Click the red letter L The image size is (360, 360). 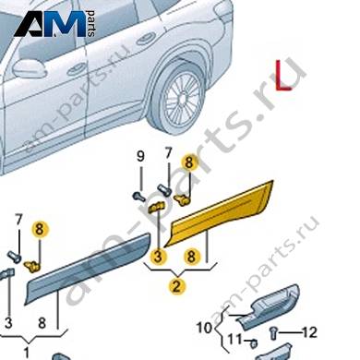point(282,76)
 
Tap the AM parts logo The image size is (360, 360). point(54,24)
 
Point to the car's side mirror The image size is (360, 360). point(29,69)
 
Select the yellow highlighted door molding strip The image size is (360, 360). point(220,215)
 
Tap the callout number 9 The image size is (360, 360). point(140,157)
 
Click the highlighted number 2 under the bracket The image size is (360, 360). point(176,286)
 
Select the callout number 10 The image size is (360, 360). point(204,328)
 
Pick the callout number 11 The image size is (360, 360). point(234,341)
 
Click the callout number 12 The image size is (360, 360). point(309,332)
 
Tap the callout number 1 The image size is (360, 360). point(26,352)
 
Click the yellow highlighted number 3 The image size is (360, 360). point(158,257)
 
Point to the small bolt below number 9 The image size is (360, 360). point(138,196)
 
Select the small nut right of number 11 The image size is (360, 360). point(254,342)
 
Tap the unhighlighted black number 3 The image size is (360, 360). point(8,323)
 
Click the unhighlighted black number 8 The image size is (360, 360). point(42,323)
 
